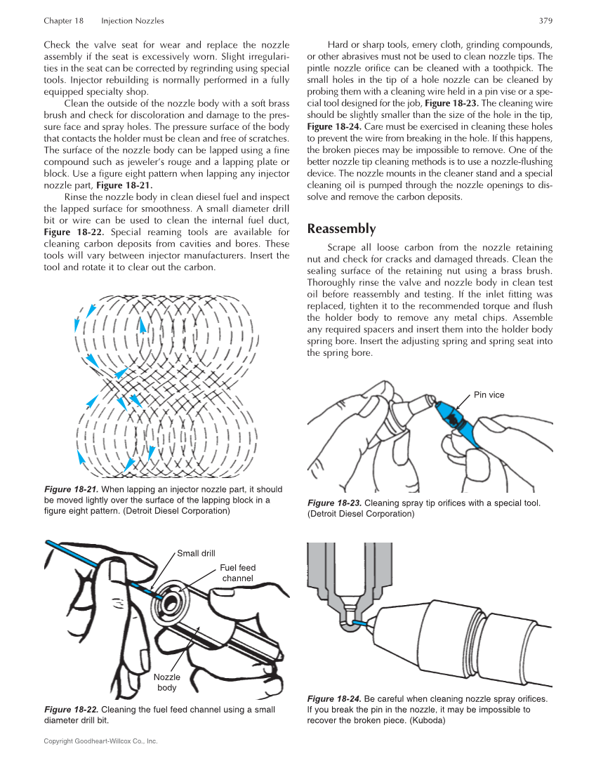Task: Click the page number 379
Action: tap(545, 21)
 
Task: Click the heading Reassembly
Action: tap(341, 229)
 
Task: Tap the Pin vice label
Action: tap(489, 395)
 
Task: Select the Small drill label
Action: tap(196, 553)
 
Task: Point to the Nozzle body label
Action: tap(167, 682)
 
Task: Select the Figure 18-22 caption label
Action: tap(71, 710)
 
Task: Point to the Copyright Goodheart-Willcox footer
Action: tap(100, 741)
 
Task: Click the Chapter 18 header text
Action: tap(63, 21)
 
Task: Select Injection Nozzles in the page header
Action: tap(132, 21)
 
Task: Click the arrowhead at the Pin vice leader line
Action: tap(457, 406)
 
